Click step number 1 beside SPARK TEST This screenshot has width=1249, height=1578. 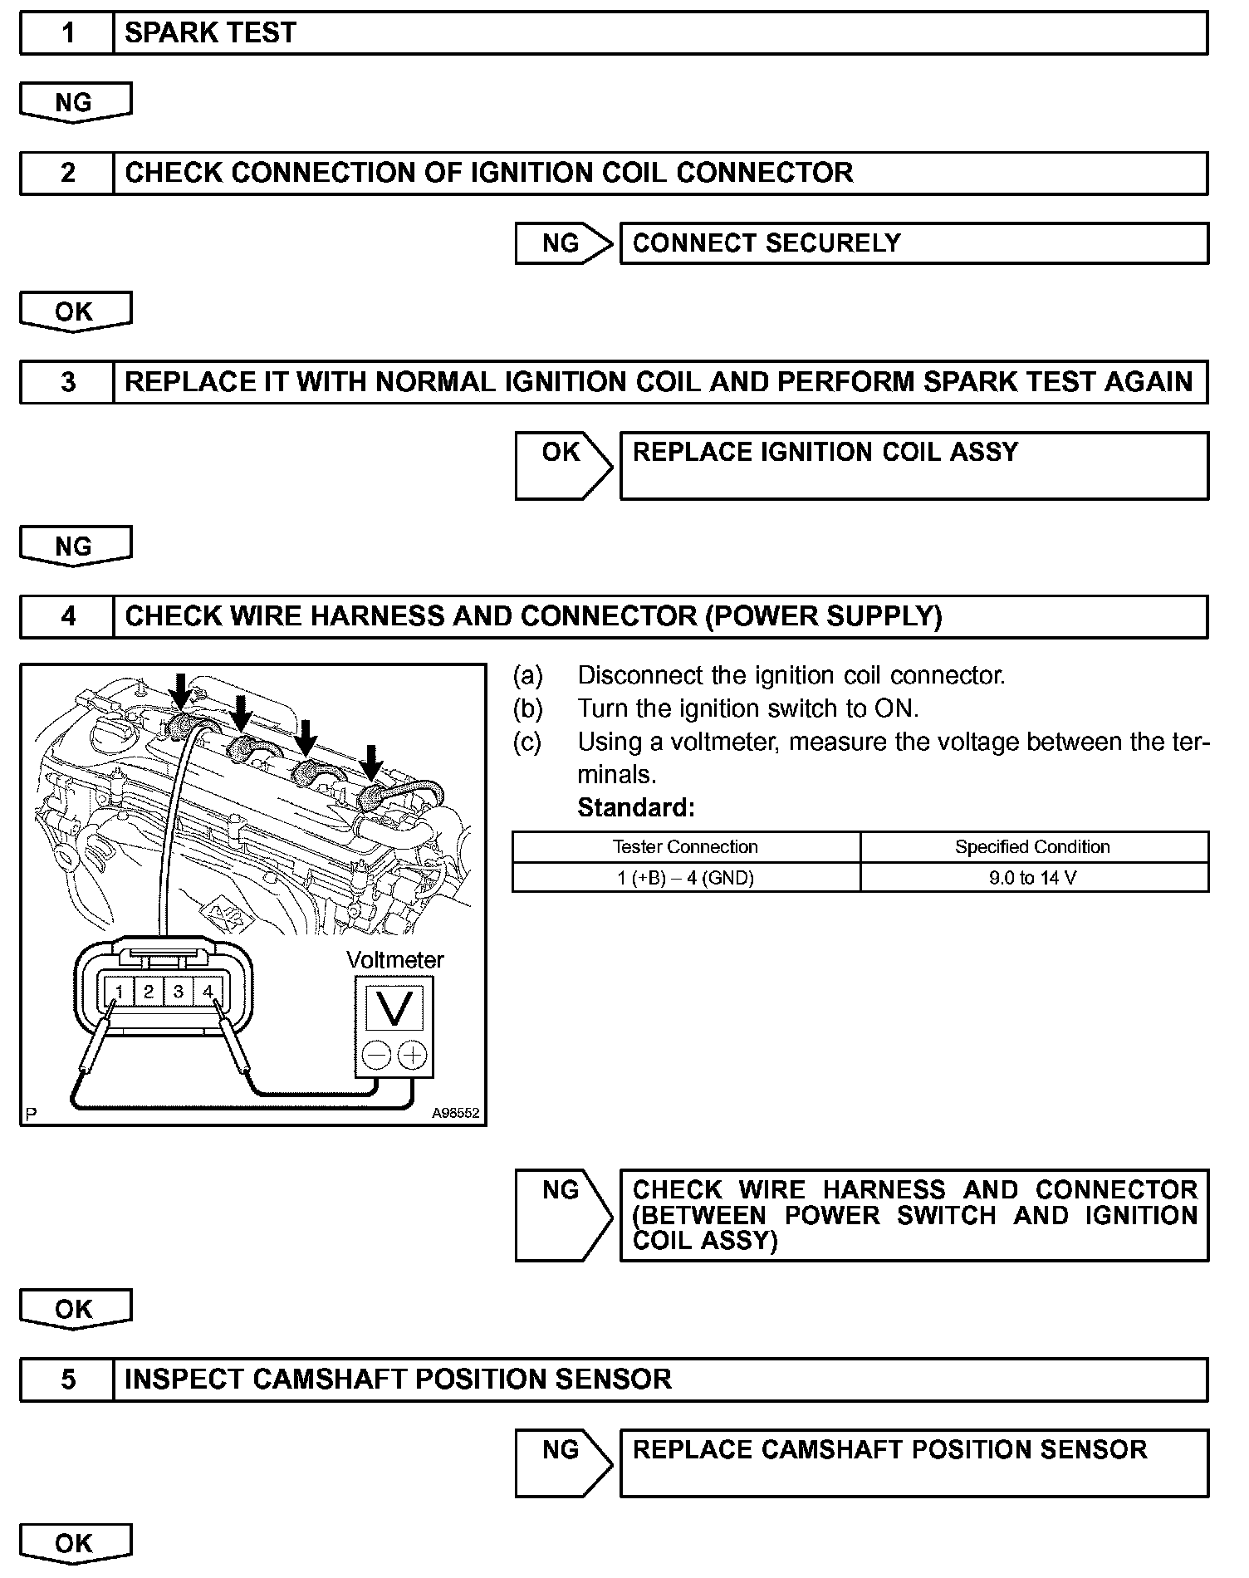(67, 33)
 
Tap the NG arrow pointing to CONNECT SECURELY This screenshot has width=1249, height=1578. (561, 243)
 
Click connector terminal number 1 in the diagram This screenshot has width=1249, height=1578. (120, 992)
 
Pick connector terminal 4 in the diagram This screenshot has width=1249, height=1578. (208, 992)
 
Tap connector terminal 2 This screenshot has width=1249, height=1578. (149, 992)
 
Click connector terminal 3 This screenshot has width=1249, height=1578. (178, 992)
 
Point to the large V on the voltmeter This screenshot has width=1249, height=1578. (394, 1008)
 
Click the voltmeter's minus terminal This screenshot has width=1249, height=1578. (376, 1056)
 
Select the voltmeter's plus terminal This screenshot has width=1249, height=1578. (412, 1056)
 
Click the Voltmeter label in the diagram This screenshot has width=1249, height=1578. (395, 960)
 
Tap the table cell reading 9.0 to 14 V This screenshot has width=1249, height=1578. (1033, 878)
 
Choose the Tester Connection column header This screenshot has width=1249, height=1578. (685, 847)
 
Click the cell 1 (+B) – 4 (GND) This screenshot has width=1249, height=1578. (685, 878)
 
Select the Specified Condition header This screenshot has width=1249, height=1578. (1032, 847)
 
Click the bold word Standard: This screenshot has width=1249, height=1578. (636, 807)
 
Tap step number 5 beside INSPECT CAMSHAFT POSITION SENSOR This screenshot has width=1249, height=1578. (67, 1380)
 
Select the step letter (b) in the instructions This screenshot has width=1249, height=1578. (528, 708)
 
